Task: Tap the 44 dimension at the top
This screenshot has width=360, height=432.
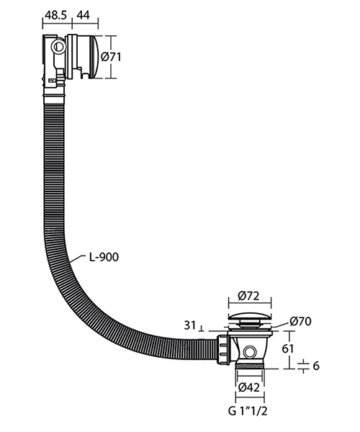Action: (x=84, y=14)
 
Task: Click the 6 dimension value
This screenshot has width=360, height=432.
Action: (x=315, y=366)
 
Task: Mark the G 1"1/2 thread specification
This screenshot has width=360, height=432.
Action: (x=249, y=414)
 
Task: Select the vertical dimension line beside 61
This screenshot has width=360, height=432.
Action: (x=291, y=350)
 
